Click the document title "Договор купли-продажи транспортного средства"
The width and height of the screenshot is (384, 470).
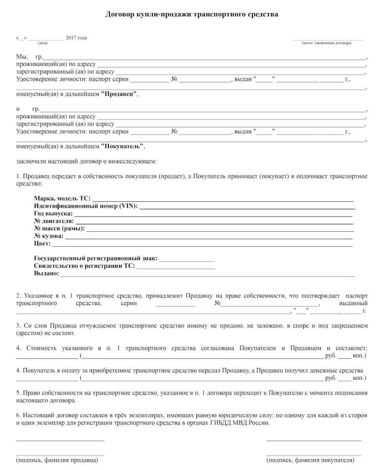[x=192, y=15]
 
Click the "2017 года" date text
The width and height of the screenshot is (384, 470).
[x=76, y=38]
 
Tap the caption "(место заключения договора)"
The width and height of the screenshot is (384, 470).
[x=326, y=43]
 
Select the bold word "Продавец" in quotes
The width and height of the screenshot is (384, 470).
[x=119, y=94]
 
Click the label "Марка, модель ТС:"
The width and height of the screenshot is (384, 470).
[x=62, y=198]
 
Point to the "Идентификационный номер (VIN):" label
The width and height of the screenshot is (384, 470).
[x=86, y=206]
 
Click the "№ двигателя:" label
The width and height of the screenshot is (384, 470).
[x=54, y=221]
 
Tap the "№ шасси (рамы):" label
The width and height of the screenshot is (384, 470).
[x=59, y=228]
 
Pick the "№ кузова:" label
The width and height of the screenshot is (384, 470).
[x=49, y=236]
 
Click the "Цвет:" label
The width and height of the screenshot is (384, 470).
[x=42, y=243]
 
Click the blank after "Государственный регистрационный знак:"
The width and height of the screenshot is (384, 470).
[x=187, y=259]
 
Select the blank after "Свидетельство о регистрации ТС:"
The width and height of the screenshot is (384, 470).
[x=176, y=267]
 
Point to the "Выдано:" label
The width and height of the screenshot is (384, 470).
[x=46, y=273]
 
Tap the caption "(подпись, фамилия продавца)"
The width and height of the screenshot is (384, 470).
[x=57, y=461]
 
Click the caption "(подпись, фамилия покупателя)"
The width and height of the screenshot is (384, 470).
[x=311, y=461]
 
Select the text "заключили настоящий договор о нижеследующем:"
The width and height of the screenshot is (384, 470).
[x=86, y=161]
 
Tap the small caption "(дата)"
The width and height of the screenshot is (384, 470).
[x=42, y=43]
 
